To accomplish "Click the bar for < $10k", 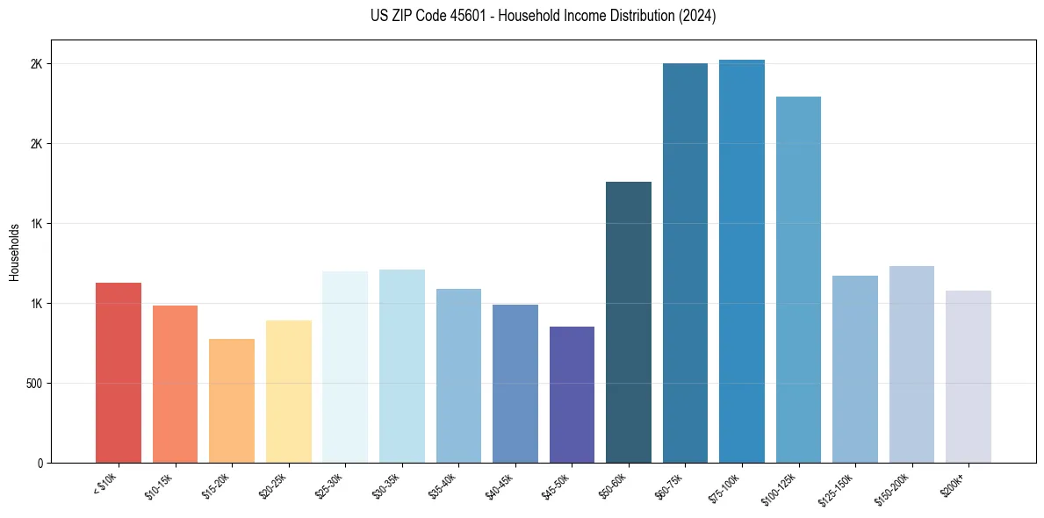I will click(x=119, y=372).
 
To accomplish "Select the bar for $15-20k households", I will click(x=232, y=400).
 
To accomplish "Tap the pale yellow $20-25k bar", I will click(x=288, y=392).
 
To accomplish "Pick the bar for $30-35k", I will click(x=401, y=366).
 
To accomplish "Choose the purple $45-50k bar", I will click(x=572, y=394).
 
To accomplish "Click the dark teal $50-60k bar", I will click(x=629, y=322).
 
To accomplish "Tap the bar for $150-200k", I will click(x=911, y=364).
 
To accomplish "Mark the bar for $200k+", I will click(x=968, y=377).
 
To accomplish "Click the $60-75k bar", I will click(x=685, y=263).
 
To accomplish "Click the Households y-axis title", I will click(x=14, y=252).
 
